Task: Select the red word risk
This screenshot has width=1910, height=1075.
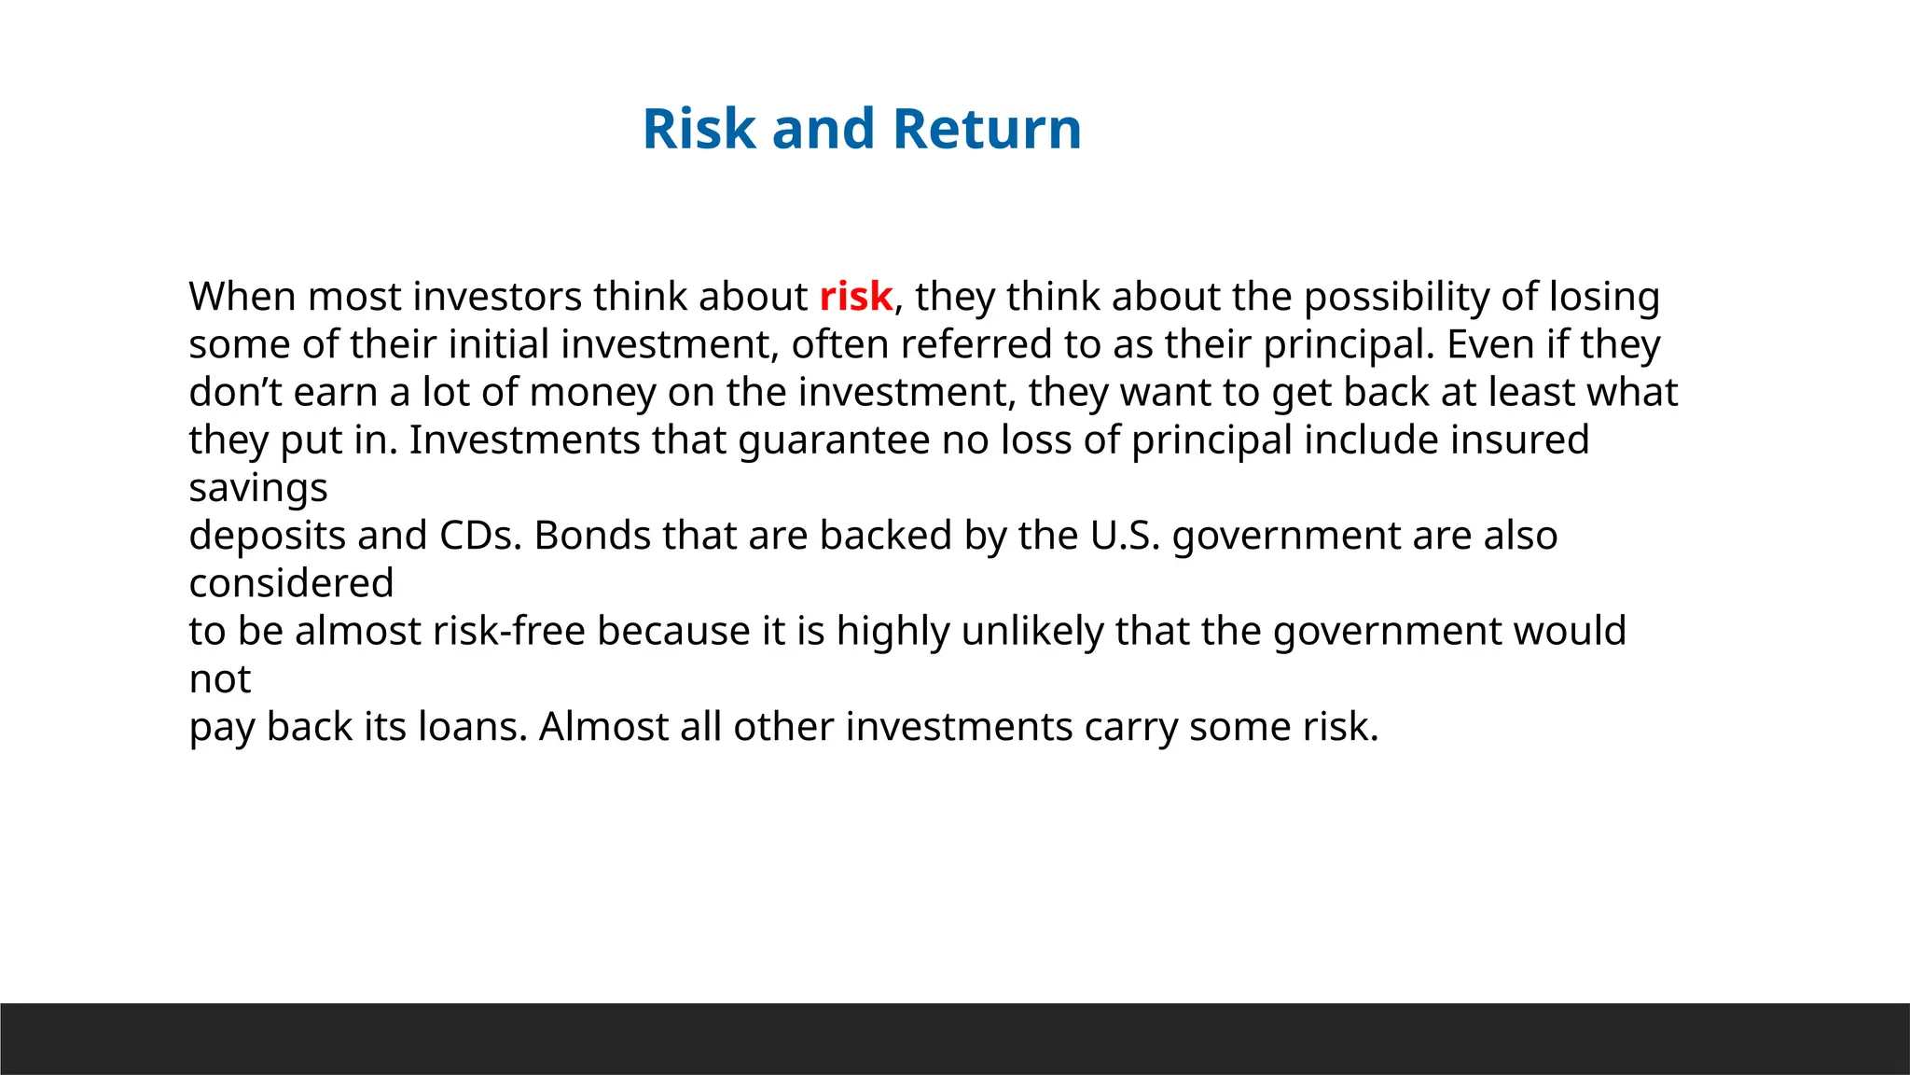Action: tap(855, 297)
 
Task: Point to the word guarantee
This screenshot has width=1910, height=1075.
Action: tap(834, 440)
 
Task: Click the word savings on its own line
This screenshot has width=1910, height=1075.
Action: tap(258, 488)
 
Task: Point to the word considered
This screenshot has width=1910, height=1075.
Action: tap(291, 583)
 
